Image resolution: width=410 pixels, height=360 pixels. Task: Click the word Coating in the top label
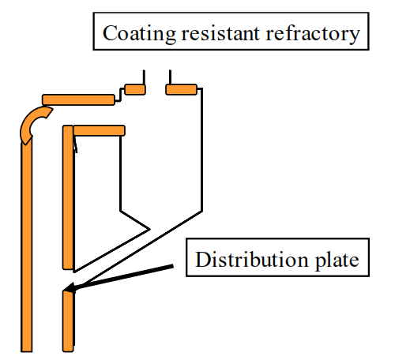coord(139,33)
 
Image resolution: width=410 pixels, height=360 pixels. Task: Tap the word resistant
coord(220,33)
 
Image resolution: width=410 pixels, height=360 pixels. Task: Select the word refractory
coord(313,34)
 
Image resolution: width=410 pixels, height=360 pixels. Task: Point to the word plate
coord(337,261)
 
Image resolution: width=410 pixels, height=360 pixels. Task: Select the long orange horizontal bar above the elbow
coord(78,99)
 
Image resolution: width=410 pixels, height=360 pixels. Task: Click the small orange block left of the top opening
coord(135,89)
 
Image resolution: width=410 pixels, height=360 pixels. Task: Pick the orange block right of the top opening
coord(181,89)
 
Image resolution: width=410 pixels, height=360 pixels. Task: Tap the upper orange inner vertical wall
coord(68,197)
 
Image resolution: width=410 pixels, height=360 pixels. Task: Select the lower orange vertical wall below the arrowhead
coord(68,321)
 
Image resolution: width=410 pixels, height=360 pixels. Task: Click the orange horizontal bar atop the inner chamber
coord(99,130)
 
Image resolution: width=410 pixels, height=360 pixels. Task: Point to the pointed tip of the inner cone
coord(149,229)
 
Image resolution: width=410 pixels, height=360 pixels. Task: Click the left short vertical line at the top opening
coord(144,77)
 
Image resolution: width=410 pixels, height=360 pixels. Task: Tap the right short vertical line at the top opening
coord(170,77)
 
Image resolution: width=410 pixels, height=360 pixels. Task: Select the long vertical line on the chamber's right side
coord(201,150)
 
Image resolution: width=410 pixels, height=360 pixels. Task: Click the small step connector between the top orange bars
coord(120,95)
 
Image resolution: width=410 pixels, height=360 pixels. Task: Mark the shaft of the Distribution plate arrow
coord(124,276)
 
